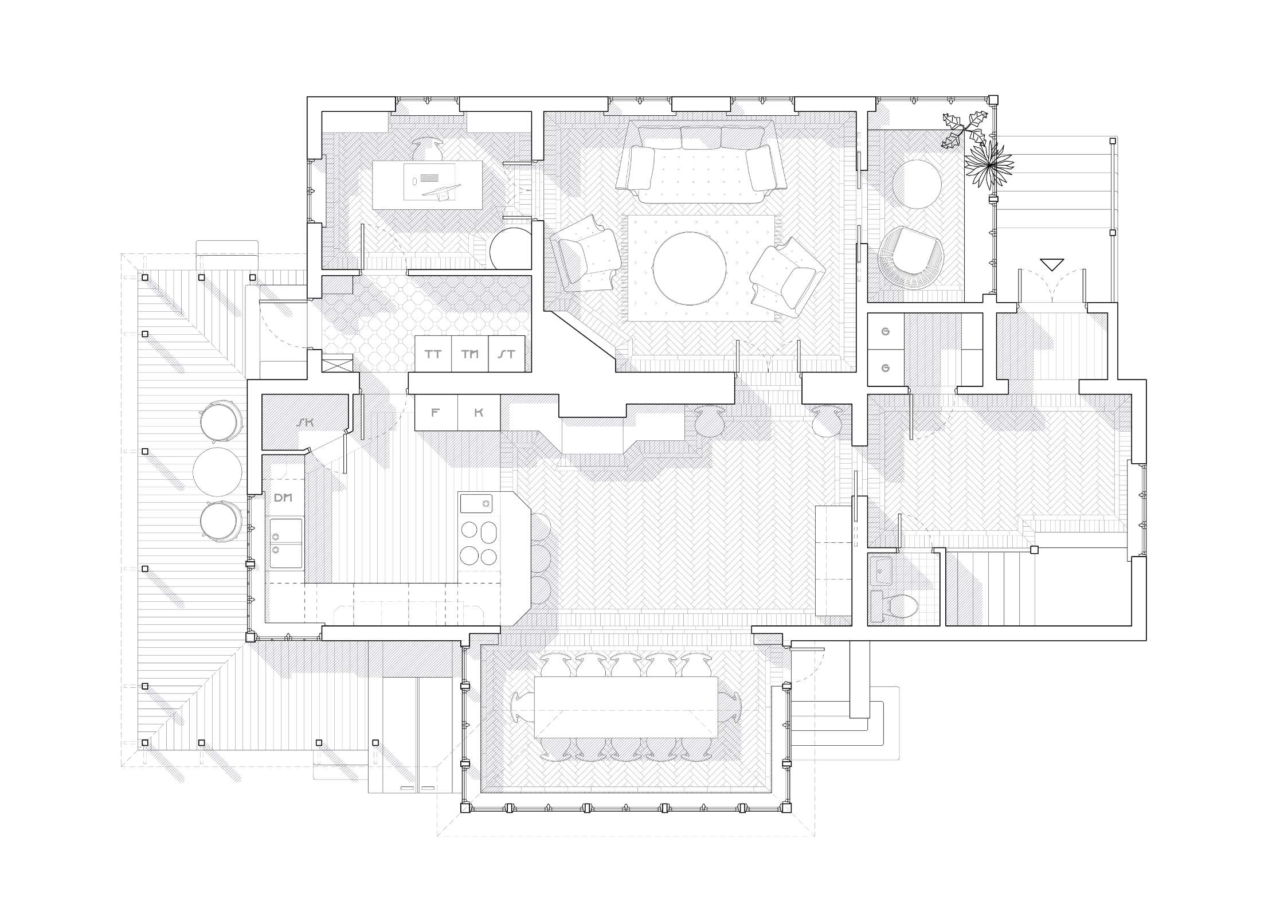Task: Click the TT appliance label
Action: pos(433,354)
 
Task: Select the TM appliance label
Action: pos(470,354)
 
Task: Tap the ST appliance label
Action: pos(507,354)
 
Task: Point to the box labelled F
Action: pos(436,412)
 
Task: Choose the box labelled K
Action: pos(479,412)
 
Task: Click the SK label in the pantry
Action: pos(306,422)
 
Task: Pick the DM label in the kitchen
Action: pos(283,498)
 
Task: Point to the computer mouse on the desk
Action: pos(413,181)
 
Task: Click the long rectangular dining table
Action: pos(626,707)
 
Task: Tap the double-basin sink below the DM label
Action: pos(286,543)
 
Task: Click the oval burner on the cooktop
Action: pos(489,531)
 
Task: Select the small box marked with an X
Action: pos(338,365)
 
